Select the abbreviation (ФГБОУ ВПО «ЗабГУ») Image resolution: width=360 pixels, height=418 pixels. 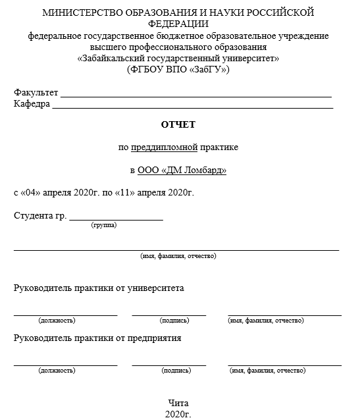(x=178, y=69)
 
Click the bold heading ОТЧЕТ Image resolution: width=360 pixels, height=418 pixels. (x=178, y=124)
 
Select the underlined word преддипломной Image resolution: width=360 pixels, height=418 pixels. (x=159, y=147)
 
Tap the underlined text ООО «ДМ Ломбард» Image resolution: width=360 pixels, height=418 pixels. (x=182, y=170)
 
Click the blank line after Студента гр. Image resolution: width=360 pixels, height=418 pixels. (x=116, y=219)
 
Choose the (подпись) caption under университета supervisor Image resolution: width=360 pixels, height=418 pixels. (x=174, y=321)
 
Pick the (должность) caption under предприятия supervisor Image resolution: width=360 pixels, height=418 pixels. (x=57, y=371)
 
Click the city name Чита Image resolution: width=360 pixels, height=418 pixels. (x=178, y=403)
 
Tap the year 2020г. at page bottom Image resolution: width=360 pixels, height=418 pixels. (x=178, y=413)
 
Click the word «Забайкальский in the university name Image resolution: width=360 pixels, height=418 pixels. (x=109, y=58)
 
